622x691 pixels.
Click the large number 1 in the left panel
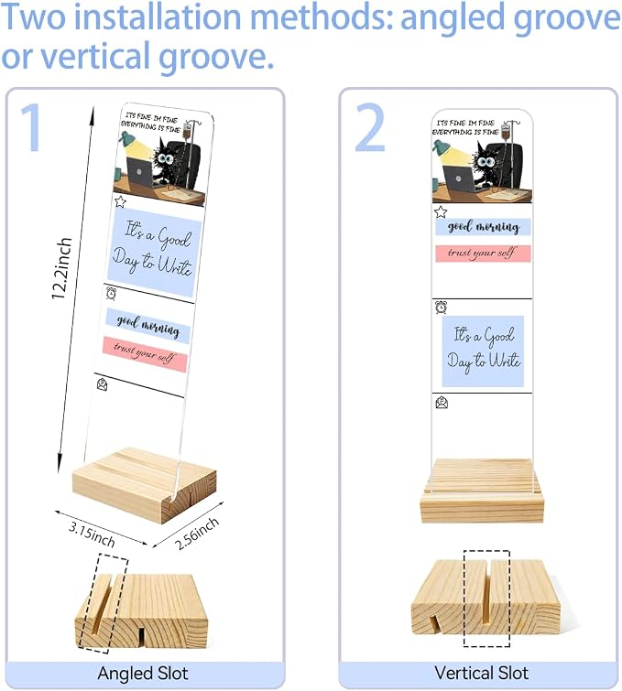(31, 127)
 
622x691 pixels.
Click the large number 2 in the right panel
(370, 127)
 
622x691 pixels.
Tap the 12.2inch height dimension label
(61, 268)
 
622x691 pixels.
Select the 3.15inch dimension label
(92, 534)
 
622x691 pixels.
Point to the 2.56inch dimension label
(196, 534)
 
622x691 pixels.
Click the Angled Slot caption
(143, 674)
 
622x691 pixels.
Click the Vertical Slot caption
(481, 673)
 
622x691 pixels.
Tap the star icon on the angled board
(120, 202)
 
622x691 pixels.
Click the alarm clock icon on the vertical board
(441, 308)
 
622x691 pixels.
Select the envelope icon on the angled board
(102, 384)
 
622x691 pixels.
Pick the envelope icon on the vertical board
(442, 403)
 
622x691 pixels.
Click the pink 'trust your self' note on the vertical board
(483, 254)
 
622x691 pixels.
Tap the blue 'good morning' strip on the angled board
(147, 326)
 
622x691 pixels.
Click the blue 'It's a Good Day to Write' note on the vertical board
(483, 351)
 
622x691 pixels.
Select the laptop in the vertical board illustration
(459, 178)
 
